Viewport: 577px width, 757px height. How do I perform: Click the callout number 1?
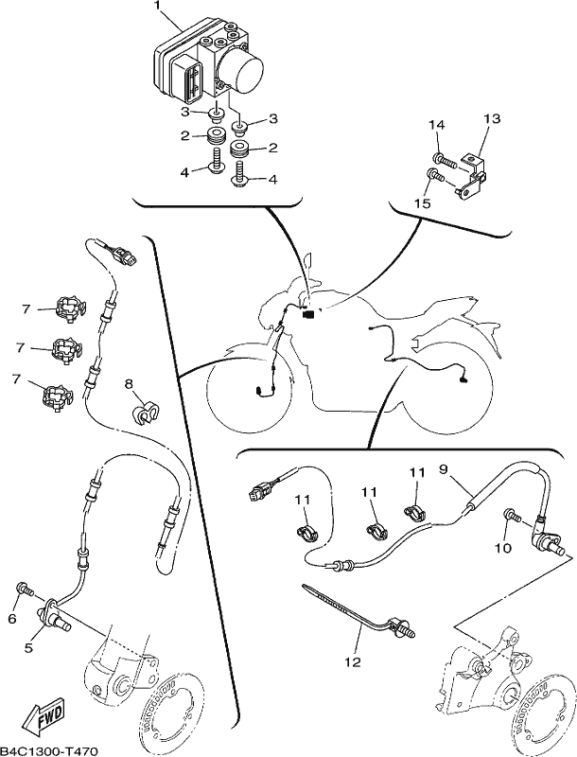(156, 6)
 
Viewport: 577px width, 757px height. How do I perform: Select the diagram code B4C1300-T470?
(50, 751)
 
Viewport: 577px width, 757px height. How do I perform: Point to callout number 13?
(492, 118)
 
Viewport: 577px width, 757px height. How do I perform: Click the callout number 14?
(437, 125)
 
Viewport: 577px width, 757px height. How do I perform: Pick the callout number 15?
(422, 203)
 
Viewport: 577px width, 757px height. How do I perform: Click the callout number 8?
(129, 384)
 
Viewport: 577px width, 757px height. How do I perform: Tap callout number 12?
(353, 661)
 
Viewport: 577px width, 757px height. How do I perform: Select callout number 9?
(444, 468)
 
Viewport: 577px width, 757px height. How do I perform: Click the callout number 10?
(502, 549)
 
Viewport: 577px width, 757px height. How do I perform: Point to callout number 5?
(28, 648)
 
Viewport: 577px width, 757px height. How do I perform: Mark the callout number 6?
(12, 619)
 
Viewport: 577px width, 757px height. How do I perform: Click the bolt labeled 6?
(26, 589)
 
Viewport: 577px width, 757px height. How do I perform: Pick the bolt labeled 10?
(512, 515)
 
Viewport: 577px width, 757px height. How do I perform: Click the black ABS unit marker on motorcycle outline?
(307, 314)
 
